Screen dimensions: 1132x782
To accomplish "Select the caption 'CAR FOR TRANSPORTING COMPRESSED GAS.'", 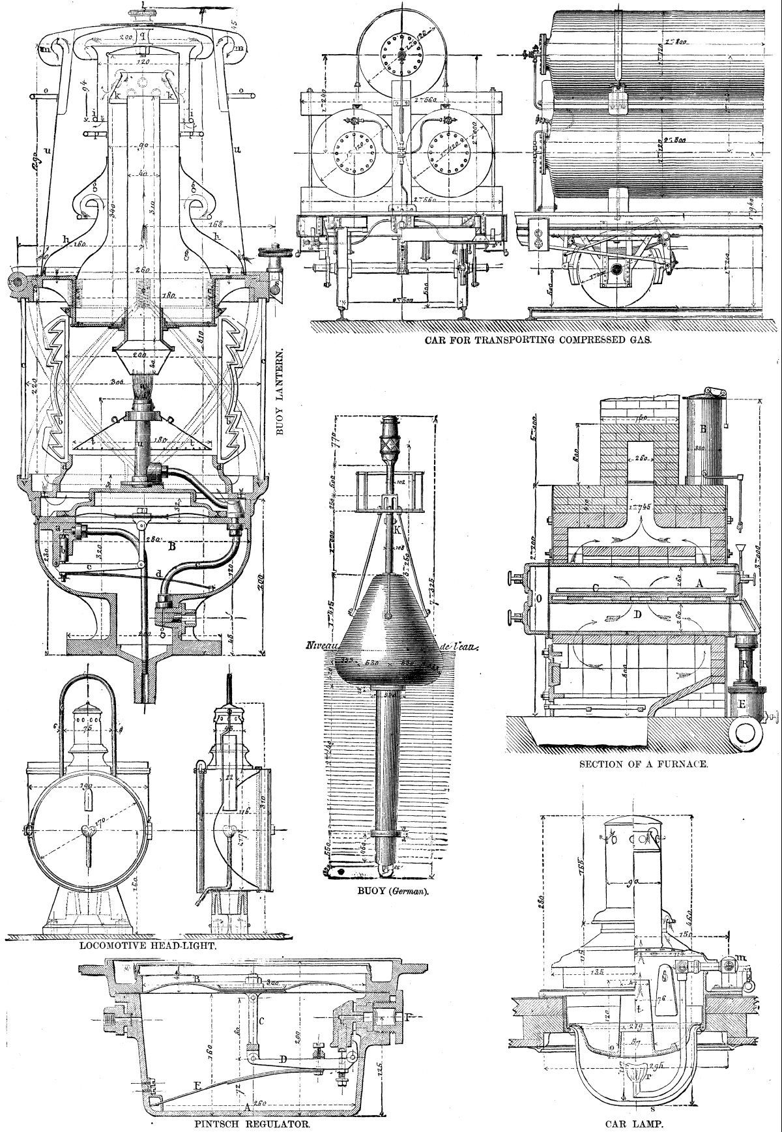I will click(x=538, y=340).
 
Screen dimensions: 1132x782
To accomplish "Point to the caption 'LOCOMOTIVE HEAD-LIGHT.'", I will click(x=148, y=944).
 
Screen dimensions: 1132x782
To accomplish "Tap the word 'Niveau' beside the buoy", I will click(x=319, y=646).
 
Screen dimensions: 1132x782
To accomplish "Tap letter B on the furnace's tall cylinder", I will click(x=703, y=429).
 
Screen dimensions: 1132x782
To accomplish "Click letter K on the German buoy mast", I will click(x=397, y=530).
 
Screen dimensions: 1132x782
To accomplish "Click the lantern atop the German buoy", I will click(x=390, y=437).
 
